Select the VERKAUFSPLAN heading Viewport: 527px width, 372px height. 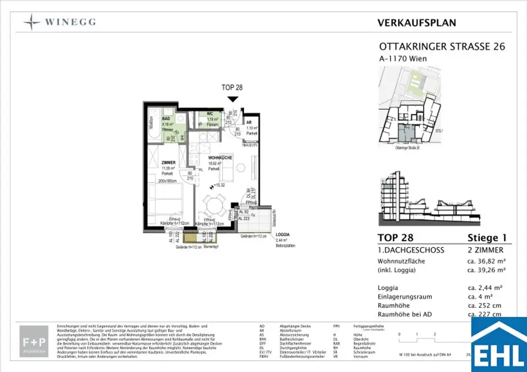(416, 23)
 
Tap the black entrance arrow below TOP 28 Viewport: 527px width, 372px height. (233, 99)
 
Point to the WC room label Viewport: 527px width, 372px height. (210, 114)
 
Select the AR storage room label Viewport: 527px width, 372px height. (249, 122)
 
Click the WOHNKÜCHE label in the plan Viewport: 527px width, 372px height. (220, 157)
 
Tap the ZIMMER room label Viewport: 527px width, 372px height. (168, 163)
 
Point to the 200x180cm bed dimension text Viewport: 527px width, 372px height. (168, 181)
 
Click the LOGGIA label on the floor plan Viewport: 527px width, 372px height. (283, 234)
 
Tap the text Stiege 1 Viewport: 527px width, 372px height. (486, 238)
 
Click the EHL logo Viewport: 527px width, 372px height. (499, 345)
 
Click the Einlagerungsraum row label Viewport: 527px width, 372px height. (405, 297)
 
